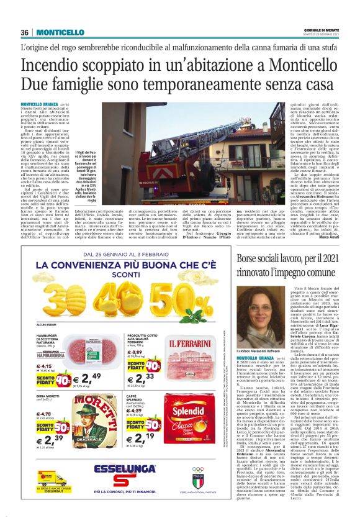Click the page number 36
point(25,32)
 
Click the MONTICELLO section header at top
point(60,32)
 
